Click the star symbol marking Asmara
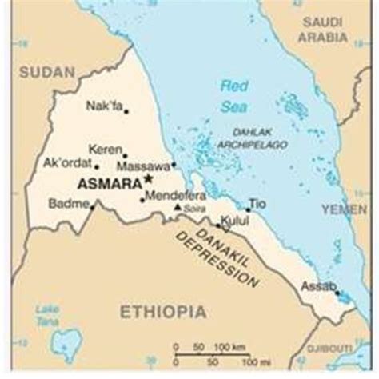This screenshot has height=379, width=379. (x=148, y=180)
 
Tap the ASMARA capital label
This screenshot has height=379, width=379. (x=109, y=183)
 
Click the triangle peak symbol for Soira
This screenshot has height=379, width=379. (x=178, y=208)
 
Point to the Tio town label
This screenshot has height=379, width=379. (x=256, y=203)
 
